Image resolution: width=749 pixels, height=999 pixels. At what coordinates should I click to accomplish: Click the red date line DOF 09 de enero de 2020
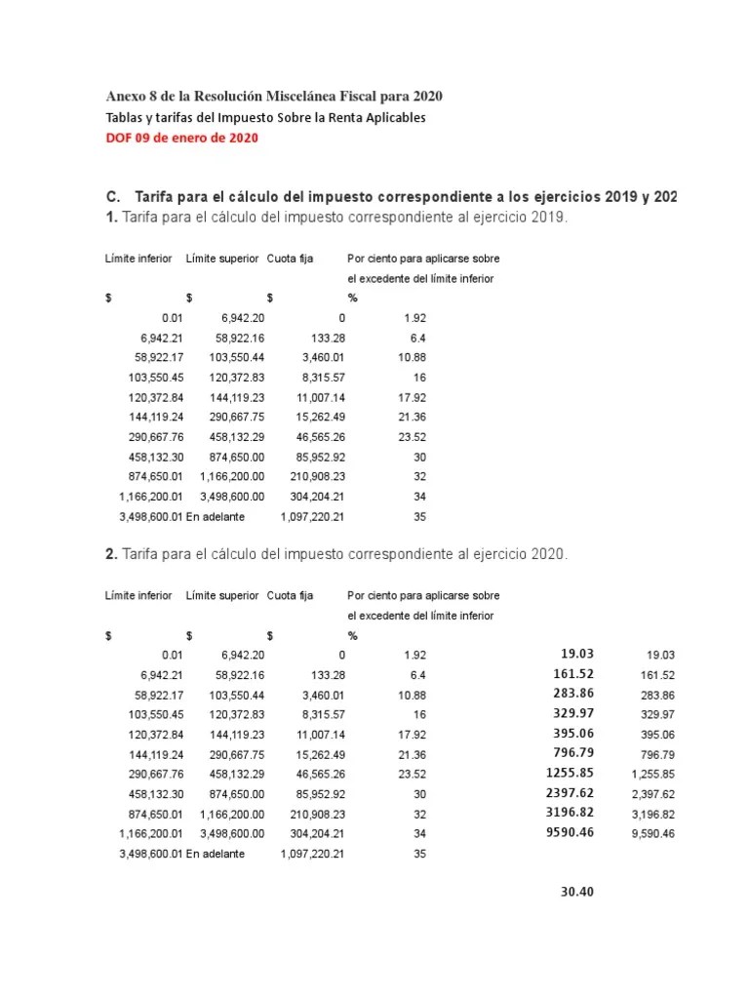(x=181, y=139)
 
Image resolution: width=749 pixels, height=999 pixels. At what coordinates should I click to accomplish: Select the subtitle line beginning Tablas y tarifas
(x=265, y=117)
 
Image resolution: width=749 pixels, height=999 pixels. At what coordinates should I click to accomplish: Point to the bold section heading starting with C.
(x=390, y=197)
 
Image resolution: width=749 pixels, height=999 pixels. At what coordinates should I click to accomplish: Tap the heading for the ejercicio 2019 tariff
(x=335, y=218)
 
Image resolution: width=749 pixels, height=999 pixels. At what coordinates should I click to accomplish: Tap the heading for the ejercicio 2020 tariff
(x=335, y=554)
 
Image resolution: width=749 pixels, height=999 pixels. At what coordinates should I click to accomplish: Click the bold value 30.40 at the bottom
(x=577, y=892)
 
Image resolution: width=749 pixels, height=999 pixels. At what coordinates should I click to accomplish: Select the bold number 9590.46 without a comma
(x=570, y=832)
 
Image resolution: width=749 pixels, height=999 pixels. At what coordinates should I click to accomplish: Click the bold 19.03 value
(x=577, y=654)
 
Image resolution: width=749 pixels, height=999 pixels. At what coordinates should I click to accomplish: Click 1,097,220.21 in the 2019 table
(x=312, y=516)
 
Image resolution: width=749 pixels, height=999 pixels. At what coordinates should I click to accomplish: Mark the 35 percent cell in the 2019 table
(x=419, y=516)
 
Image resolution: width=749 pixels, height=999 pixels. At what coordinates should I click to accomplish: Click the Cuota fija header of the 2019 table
(x=290, y=259)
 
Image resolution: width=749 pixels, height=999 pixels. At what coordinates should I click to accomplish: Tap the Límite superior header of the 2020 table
(x=221, y=595)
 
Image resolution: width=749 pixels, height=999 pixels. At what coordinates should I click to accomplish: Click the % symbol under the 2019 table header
(x=353, y=299)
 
